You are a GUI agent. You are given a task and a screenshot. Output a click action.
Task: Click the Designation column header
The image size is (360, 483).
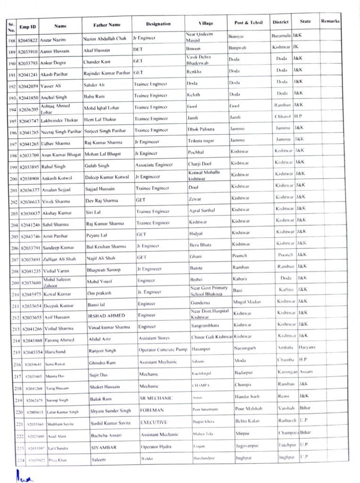click(158, 24)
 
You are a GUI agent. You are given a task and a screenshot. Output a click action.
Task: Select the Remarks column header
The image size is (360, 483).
click(330, 21)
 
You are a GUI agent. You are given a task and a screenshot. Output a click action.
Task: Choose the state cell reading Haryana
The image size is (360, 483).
click(307, 347)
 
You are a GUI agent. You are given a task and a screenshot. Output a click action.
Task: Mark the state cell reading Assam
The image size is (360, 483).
click(305, 372)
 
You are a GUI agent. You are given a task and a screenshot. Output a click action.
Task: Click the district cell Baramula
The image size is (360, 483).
click(282, 36)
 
